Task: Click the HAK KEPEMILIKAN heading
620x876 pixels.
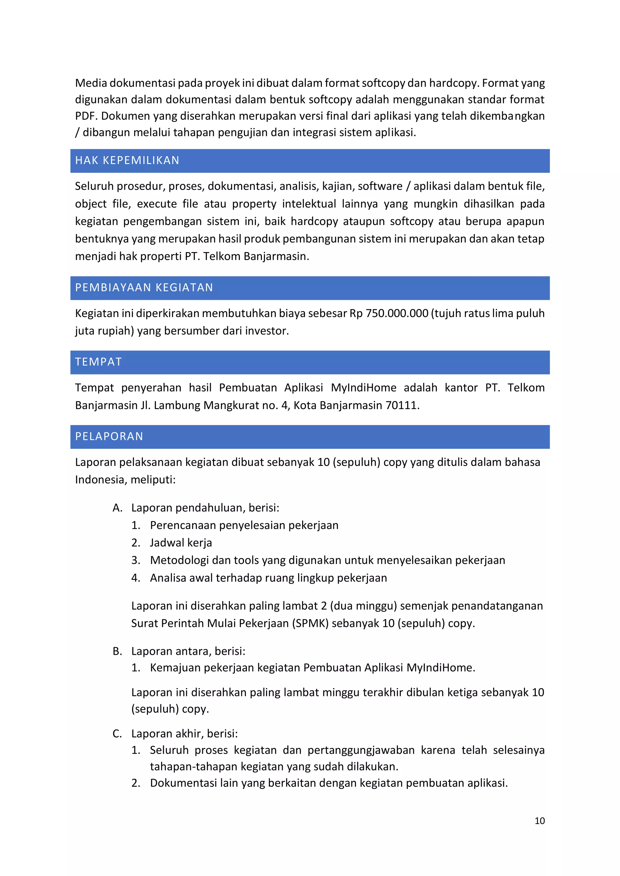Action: (127, 160)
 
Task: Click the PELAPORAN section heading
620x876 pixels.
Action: (109, 436)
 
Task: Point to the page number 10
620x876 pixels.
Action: (539, 821)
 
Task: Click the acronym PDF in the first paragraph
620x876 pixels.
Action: (86, 116)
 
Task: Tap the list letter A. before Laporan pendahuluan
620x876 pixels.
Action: (117, 508)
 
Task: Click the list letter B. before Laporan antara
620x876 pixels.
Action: (117, 651)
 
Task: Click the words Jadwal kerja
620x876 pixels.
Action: (181, 543)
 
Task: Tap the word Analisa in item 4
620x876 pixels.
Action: (168, 578)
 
